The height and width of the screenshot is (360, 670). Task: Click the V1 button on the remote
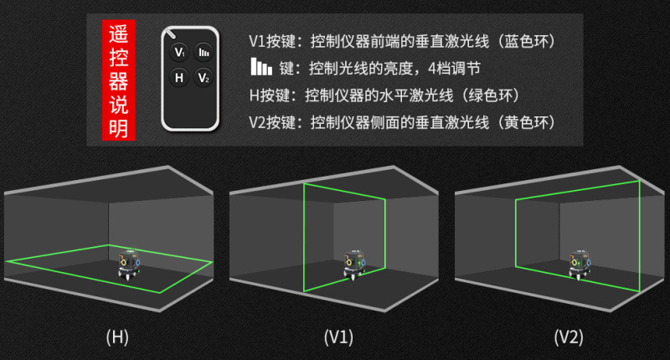(x=178, y=53)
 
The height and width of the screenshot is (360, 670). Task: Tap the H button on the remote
(x=178, y=78)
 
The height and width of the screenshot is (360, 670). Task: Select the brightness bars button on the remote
(x=203, y=53)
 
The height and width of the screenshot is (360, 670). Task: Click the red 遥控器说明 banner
(x=118, y=80)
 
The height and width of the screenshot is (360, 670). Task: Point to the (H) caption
(x=117, y=337)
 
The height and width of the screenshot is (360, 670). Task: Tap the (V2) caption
(x=568, y=337)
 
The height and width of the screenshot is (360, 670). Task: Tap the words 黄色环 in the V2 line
(x=526, y=122)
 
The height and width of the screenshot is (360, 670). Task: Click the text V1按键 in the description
(x=272, y=41)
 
